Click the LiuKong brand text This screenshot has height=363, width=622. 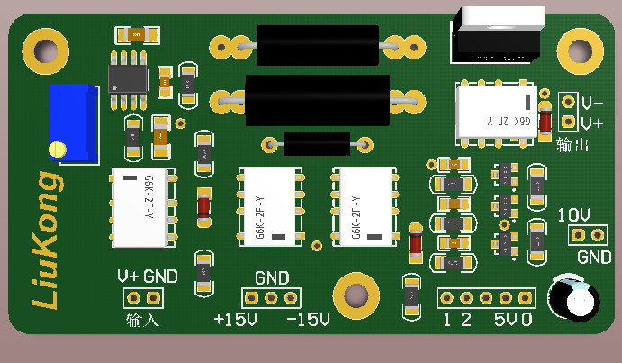(x=47, y=240)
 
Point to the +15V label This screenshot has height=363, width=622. (x=236, y=320)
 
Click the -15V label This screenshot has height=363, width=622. (x=307, y=320)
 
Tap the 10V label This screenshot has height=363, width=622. (x=574, y=215)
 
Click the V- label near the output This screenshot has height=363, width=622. (x=592, y=103)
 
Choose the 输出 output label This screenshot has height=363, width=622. (x=573, y=144)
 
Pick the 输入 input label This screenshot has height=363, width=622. (x=142, y=319)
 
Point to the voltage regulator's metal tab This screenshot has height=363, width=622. (x=501, y=18)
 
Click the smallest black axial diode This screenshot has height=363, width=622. (x=316, y=142)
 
